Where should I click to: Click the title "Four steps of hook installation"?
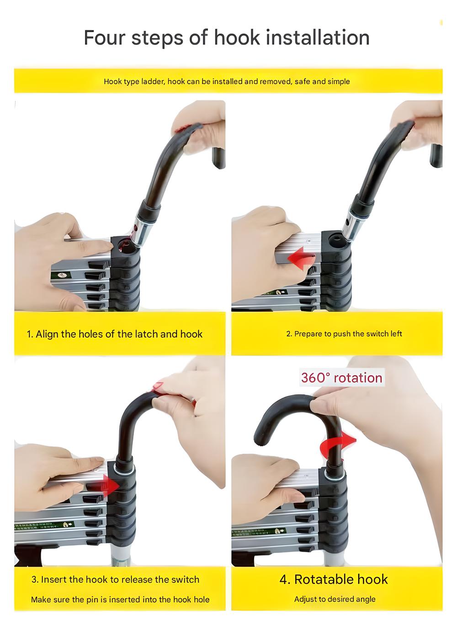pyautogui.click(x=227, y=38)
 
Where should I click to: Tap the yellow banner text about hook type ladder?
pyautogui.click(x=227, y=81)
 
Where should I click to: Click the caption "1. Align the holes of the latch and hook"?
pyautogui.click(x=114, y=334)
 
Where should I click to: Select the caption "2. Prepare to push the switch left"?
pyautogui.click(x=344, y=333)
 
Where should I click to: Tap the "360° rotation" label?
pyautogui.click(x=342, y=378)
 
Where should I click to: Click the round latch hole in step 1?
pyautogui.click(x=125, y=245)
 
